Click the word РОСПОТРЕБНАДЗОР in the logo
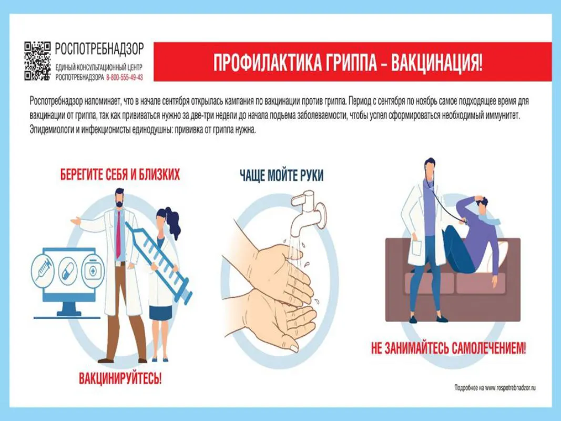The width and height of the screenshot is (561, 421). pos(99,49)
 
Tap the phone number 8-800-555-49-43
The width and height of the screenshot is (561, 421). pos(125,77)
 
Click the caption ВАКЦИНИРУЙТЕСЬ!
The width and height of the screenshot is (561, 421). pos(120,377)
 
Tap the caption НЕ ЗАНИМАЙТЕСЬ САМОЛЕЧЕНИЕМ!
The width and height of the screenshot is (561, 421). pos(448,348)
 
